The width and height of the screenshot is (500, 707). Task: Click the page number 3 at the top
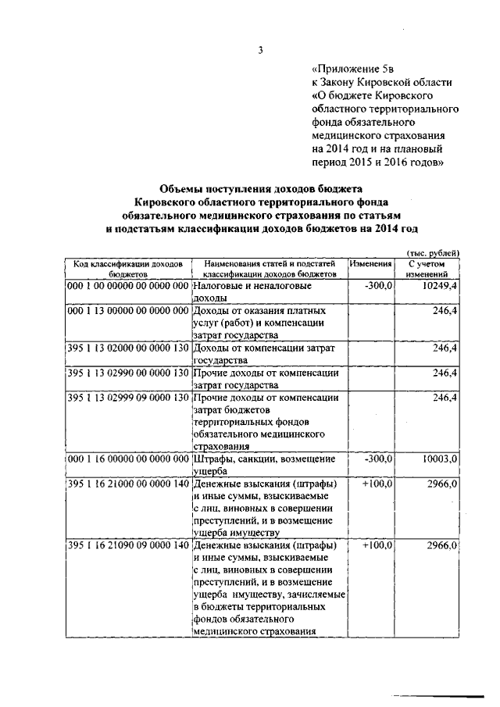point(261,52)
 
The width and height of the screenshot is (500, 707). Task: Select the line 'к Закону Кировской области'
point(381,82)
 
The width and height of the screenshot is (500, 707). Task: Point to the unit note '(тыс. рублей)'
point(433,252)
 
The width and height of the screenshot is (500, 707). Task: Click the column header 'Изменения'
point(371,264)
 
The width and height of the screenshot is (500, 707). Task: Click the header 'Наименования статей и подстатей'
point(270,264)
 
